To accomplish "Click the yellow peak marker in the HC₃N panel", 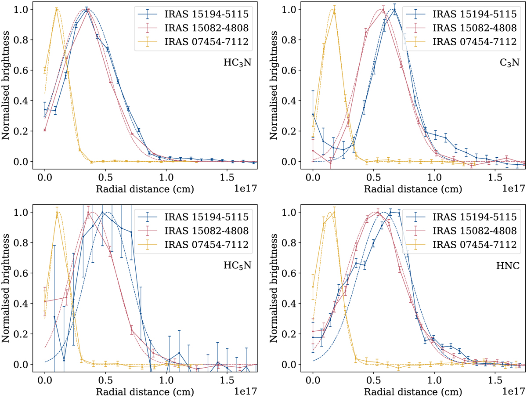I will (57, 9).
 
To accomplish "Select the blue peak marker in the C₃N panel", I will (394, 10).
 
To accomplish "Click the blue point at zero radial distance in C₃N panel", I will (313, 114).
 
